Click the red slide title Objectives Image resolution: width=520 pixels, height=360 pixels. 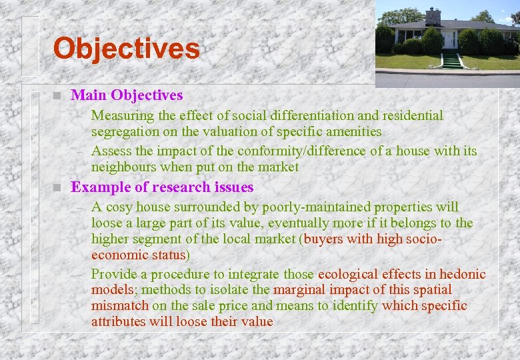point(126,49)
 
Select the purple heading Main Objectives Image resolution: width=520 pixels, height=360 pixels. point(127,96)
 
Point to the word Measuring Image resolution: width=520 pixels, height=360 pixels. point(121,116)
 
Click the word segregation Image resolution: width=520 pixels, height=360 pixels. point(124,132)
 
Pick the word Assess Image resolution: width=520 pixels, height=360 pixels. point(110,151)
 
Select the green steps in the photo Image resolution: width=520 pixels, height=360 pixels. point(452,61)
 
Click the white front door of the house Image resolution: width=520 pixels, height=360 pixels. point(451,39)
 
